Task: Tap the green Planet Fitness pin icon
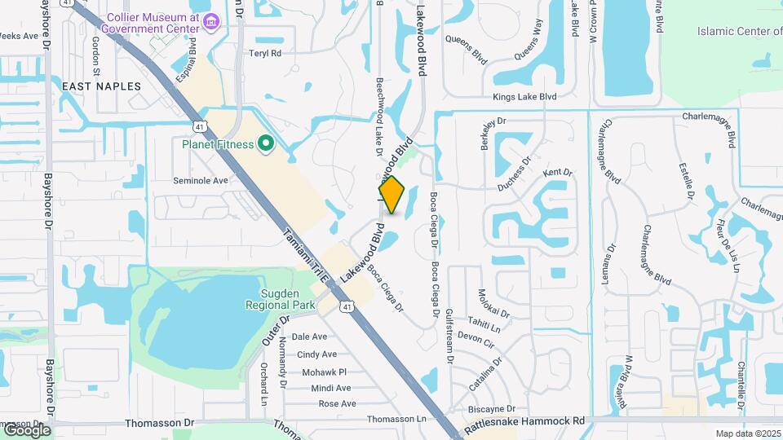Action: pyautogui.click(x=265, y=145)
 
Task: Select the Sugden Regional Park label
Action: pyautogui.click(x=277, y=299)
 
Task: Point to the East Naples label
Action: pyautogui.click(x=102, y=86)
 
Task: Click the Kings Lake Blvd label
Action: pyautogui.click(x=524, y=96)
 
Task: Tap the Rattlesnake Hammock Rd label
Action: pyautogui.click(x=525, y=421)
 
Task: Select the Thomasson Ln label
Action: pyautogui.click(x=397, y=419)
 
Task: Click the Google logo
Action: pyautogui.click(x=27, y=429)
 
